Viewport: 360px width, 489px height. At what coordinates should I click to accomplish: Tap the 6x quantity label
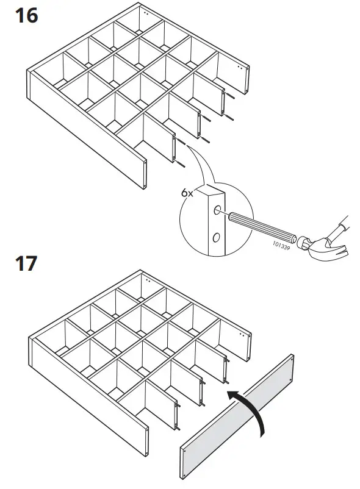coord(186,192)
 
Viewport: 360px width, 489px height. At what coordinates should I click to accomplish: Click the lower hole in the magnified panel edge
coord(216,236)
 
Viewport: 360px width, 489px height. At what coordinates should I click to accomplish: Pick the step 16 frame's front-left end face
coord(145,174)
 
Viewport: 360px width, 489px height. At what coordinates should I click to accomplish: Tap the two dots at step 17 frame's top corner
coord(146,280)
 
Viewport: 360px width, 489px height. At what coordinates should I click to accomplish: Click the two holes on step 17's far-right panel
coord(244,336)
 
